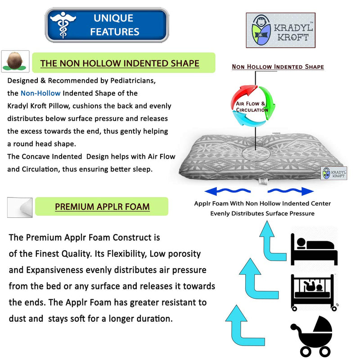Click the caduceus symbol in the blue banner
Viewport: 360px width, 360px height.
63,25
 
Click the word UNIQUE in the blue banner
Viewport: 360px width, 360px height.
113,18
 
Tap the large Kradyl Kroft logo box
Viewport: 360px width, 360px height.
280,30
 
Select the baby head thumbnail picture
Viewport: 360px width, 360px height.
15,61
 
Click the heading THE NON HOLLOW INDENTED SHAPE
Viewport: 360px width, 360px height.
120,63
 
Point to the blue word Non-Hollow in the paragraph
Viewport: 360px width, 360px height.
40,93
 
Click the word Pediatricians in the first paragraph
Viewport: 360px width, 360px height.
133,81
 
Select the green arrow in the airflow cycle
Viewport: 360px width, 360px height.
267,103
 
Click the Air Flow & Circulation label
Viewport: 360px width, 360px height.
252,107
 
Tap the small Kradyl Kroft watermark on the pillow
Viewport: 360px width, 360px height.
334,173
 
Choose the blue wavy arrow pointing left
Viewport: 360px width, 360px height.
227,191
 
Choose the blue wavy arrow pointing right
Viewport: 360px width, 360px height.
291,191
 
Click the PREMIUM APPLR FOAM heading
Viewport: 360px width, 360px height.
102,207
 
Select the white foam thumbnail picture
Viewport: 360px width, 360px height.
20,207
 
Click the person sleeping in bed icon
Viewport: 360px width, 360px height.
314,249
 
